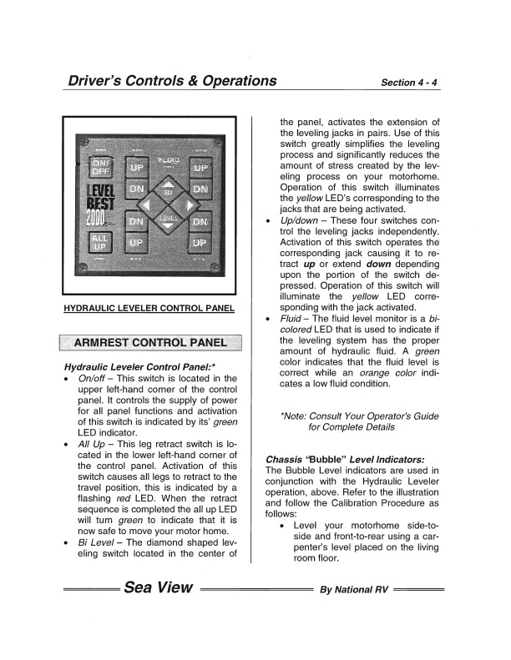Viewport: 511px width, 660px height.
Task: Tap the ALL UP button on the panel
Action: (x=100, y=243)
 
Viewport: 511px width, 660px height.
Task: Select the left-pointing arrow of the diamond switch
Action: (x=147, y=206)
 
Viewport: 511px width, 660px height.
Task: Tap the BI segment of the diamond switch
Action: (x=167, y=190)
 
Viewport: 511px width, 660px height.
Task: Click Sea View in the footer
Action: (x=159, y=587)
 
